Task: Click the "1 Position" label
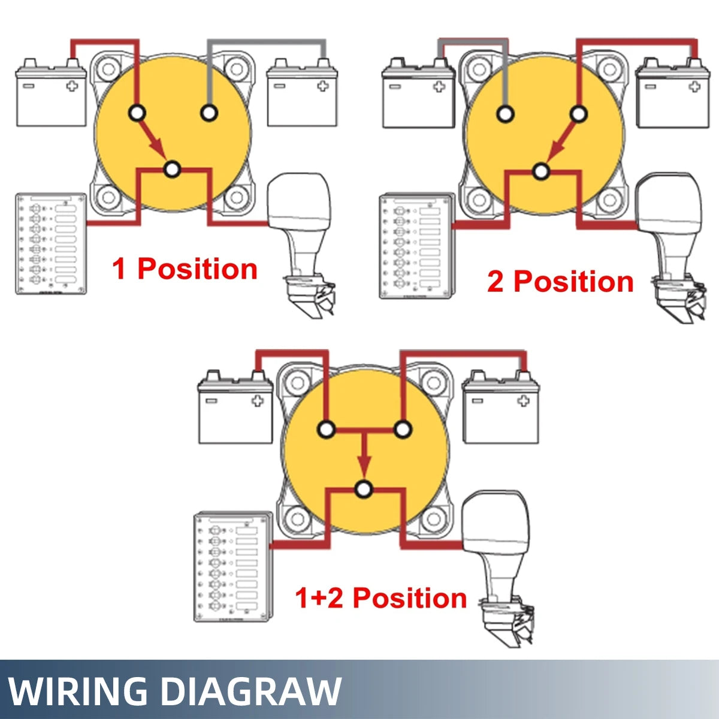tap(185, 269)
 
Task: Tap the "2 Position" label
tap(560, 282)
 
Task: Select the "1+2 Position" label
tap(380, 598)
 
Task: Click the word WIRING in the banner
tap(78, 691)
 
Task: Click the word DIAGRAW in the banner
tap(252, 691)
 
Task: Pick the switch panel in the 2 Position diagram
tap(416, 246)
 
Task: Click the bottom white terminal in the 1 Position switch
tap(172, 170)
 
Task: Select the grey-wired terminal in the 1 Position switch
tap(209, 112)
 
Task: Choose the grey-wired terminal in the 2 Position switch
tap(505, 113)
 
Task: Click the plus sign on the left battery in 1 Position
tap(72, 85)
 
